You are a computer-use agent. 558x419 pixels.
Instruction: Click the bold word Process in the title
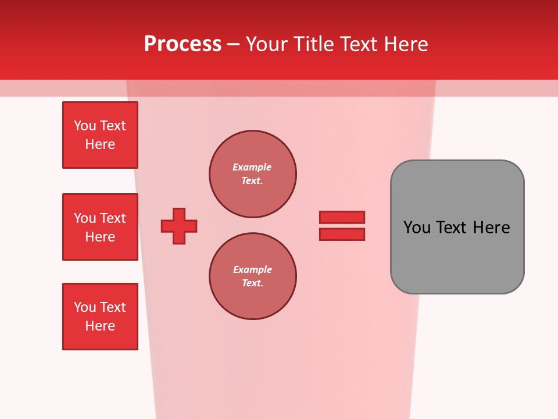pyautogui.click(x=183, y=44)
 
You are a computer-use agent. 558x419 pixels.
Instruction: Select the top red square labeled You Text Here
pyautogui.click(x=100, y=135)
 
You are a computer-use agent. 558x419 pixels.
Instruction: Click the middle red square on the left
pyautogui.click(x=100, y=227)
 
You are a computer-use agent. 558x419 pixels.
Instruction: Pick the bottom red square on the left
pyautogui.click(x=100, y=317)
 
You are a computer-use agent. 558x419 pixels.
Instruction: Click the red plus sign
pyautogui.click(x=179, y=226)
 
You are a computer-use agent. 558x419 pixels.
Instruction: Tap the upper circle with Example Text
pyautogui.click(x=252, y=173)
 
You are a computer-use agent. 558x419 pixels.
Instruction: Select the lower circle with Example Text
pyautogui.click(x=252, y=276)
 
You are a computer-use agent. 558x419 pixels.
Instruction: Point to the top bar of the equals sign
pyautogui.click(x=342, y=217)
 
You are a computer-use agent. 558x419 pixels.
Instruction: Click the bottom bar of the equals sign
pyautogui.click(x=342, y=234)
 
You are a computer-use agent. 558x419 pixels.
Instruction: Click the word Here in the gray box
pyautogui.click(x=491, y=227)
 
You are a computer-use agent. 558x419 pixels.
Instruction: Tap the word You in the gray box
pyautogui.click(x=416, y=227)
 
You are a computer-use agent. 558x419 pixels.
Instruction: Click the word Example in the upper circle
pyautogui.click(x=252, y=167)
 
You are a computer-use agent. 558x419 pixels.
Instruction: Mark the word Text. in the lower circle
pyautogui.click(x=252, y=283)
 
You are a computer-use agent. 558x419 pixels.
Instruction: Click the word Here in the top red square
pyautogui.click(x=100, y=144)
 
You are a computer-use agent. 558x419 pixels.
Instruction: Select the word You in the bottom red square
pyautogui.click(x=84, y=307)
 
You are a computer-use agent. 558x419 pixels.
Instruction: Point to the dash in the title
pyautogui.click(x=233, y=44)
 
